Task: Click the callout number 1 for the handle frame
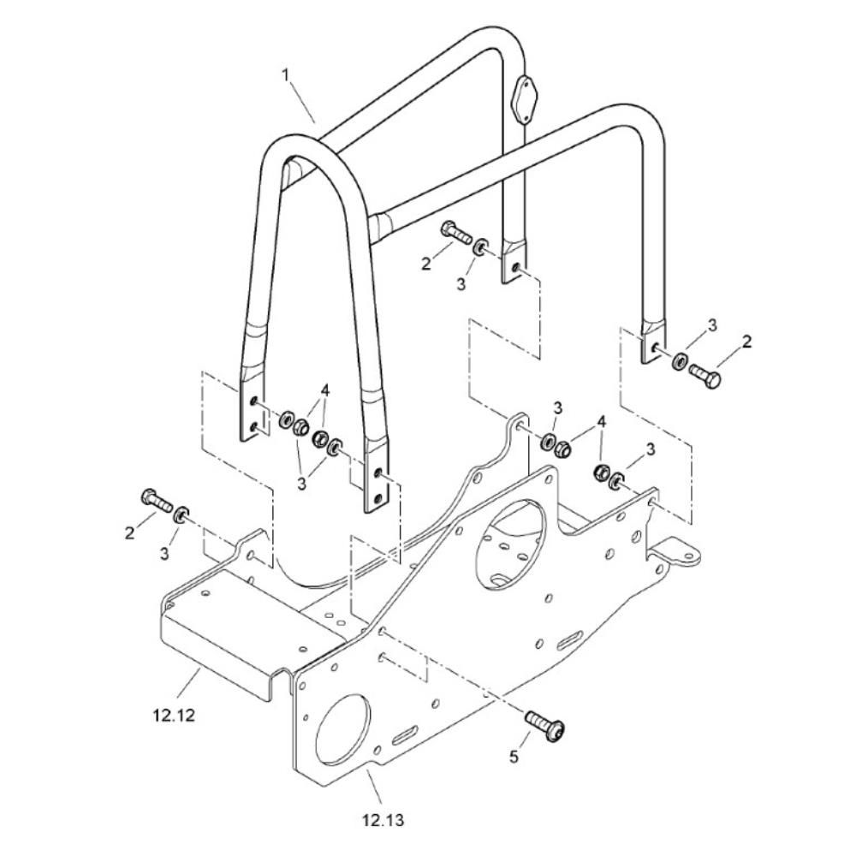[x=286, y=74]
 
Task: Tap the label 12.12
[x=174, y=715]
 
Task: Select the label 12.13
[x=383, y=820]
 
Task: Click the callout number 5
[x=514, y=758]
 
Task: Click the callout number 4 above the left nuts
[x=325, y=390]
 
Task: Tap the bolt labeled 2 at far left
[x=158, y=499]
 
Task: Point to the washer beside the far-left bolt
[x=181, y=514]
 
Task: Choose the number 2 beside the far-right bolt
[x=747, y=342]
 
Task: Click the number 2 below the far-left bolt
[x=129, y=532]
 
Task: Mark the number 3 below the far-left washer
[x=164, y=554]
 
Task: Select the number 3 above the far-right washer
[x=712, y=325]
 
